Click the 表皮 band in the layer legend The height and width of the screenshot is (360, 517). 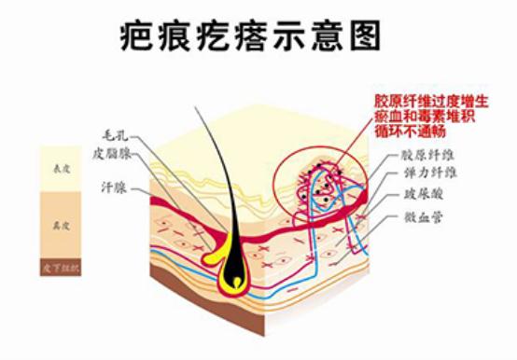pyautogui.click(x=62, y=169)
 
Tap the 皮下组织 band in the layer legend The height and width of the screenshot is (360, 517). pyautogui.click(x=62, y=269)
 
